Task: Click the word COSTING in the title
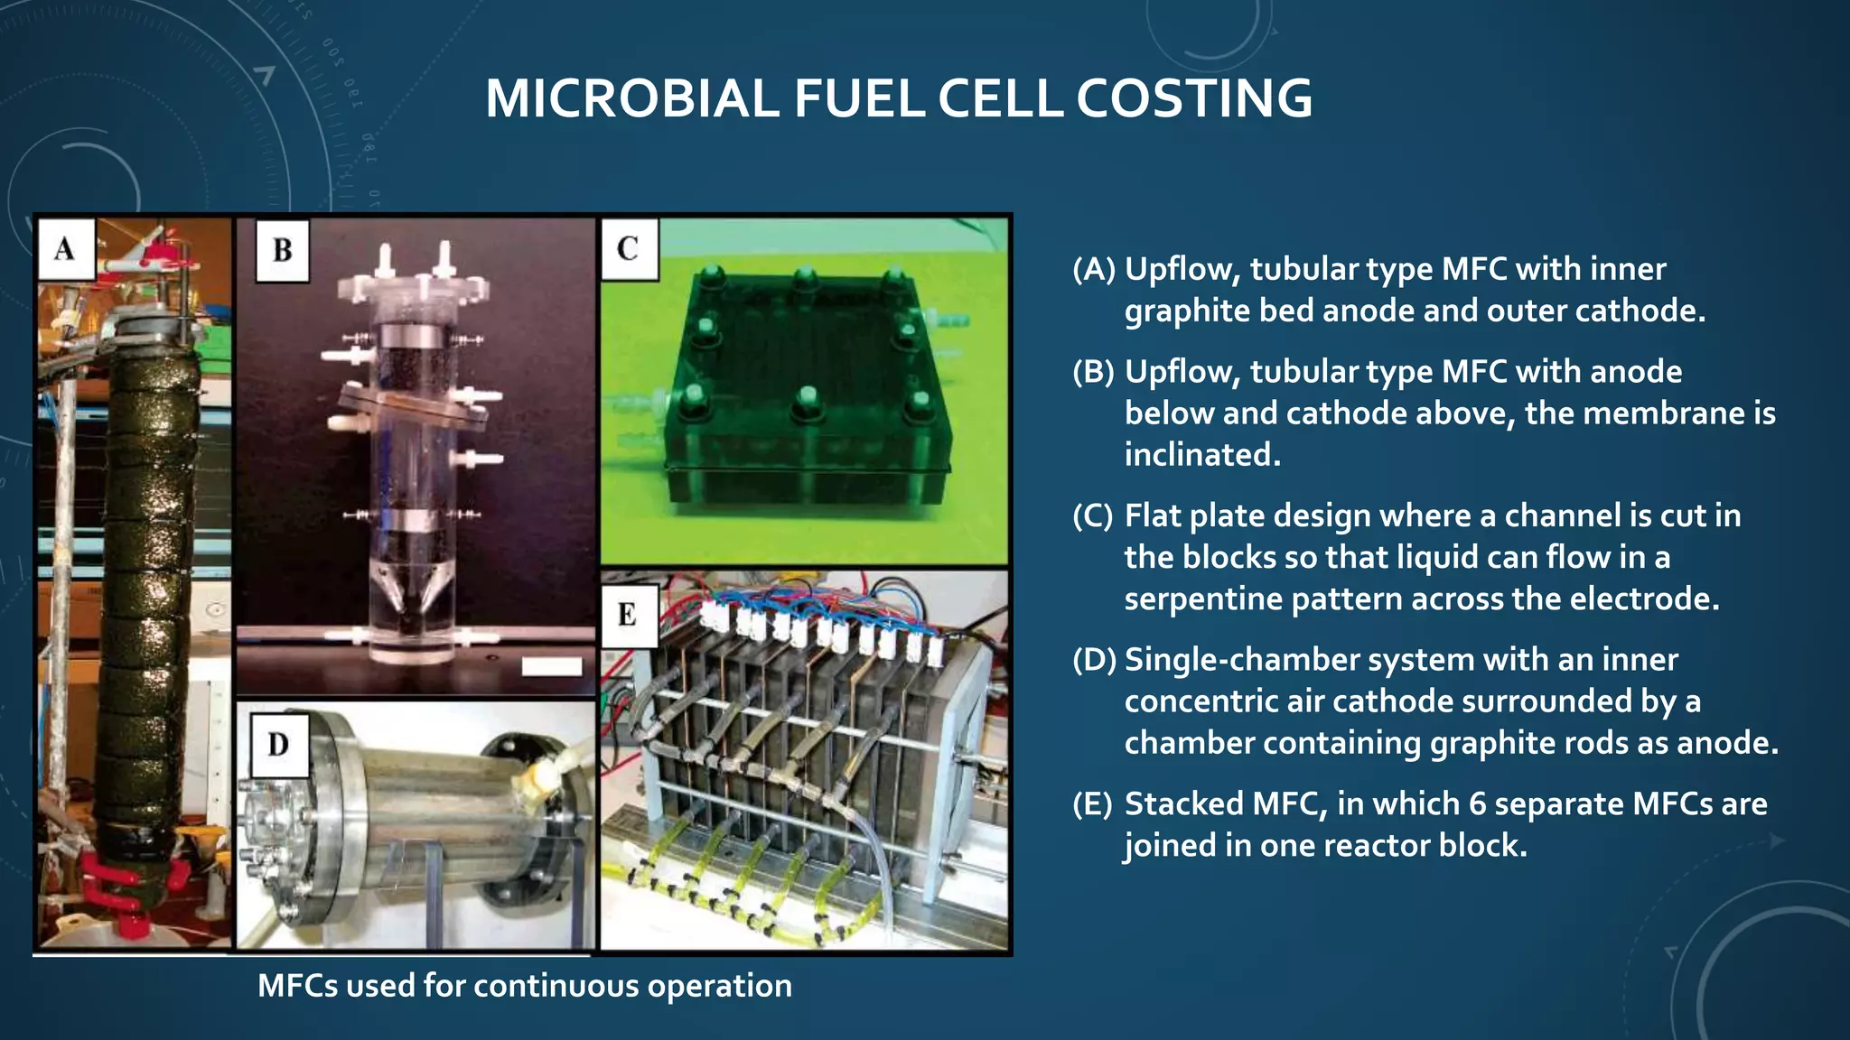[1193, 98]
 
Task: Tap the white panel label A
[65, 248]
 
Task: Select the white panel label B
[282, 250]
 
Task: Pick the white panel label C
[628, 249]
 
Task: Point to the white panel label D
[278, 745]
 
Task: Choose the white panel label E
[627, 616]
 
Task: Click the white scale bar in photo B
[552, 666]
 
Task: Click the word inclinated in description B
[1201, 454]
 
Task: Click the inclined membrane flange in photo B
[411, 407]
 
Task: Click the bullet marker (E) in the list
[1092, 803]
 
